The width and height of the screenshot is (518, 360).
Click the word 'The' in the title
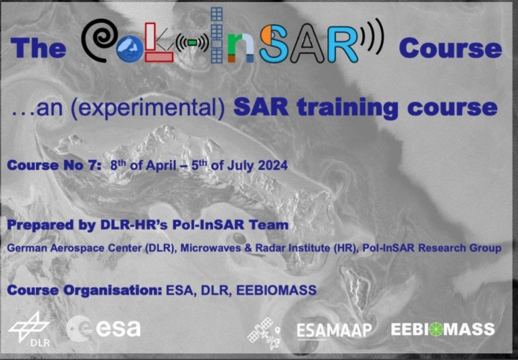[x=38, y=49]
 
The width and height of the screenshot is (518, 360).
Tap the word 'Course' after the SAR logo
[x=450, y=49]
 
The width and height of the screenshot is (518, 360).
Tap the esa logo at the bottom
[x=104, y=328]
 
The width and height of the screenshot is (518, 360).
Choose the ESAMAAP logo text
[x=333, y=331]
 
